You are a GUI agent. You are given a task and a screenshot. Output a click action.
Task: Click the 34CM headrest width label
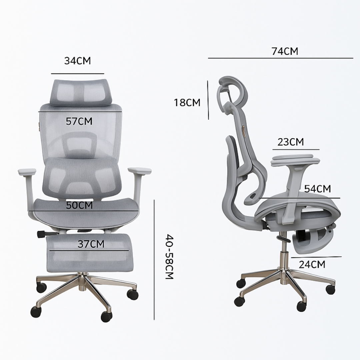tap(78, 61)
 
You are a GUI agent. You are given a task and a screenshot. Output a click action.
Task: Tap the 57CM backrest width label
tap(79, 121)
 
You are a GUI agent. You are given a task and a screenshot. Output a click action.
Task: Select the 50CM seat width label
tap(79, 205)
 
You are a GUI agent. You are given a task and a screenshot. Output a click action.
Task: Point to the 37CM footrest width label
tap(91, 244)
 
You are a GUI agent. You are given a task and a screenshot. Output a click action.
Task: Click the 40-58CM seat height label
tap(169, 257)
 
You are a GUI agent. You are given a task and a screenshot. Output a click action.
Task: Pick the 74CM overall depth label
tap(285, 51)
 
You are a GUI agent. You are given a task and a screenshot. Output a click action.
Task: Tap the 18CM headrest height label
tap(187, 102)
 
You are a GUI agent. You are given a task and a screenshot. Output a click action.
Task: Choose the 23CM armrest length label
tap(291, 142)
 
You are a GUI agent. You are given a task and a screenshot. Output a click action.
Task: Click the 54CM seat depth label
tap(318, 189)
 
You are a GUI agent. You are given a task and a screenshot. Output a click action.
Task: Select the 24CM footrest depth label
tap(312, 265)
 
